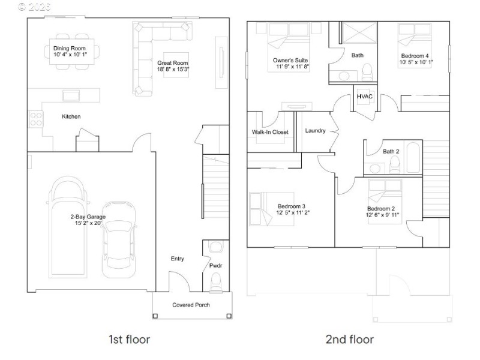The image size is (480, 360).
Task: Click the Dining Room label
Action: tap(70, 48)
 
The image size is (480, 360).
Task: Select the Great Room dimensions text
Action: tap(173, 70)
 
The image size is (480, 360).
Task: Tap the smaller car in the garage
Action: tap(117, 240)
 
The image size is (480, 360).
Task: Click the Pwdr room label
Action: tap(215, 264)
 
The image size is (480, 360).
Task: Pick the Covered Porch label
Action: tap(191, 305)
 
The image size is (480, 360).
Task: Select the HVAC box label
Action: tap(364, 96)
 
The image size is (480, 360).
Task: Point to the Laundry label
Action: tap(315, 131)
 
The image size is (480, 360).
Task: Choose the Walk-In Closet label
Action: tap(270, 132)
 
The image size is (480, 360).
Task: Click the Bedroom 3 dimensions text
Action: tap(293, 212)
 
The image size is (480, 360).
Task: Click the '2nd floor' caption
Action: tap(349, 340)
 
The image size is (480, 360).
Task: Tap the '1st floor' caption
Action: tap(128, 340)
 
